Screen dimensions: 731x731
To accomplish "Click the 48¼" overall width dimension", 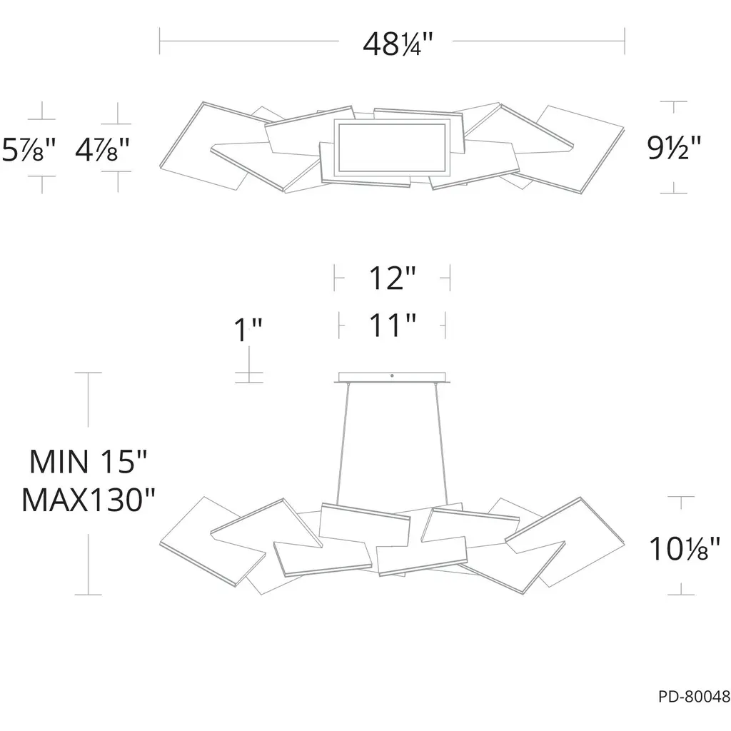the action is (x=398, y=44).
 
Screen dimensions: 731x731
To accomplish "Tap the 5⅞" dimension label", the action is (x=29, y=150).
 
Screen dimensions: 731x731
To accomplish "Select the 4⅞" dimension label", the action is (x=102, y=150).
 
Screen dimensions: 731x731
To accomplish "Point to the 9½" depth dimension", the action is (x=674, y=147).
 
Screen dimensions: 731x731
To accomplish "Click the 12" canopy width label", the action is (x=392, y=278).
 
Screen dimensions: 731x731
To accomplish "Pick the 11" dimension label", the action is (x=393, y=325).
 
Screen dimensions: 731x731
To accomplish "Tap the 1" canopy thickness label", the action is (x=248, y=330).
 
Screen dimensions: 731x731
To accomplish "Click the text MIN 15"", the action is (x=88, y=462).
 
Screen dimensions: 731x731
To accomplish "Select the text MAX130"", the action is (x=88, y=499).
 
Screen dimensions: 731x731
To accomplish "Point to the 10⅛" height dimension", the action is (x=685, y=549).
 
